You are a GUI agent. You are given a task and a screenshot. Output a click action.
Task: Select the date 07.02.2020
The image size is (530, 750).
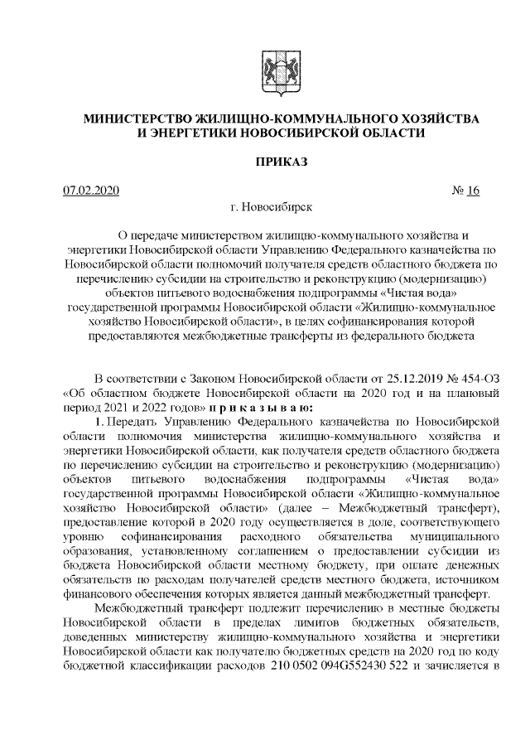pyautogui.click(x=92, y=191)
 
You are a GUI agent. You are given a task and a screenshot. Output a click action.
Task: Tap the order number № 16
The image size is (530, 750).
pyautogui.click(x=467, y=191)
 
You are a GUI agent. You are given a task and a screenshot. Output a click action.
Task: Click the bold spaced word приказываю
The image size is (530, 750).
pyautogui.click(x=261, y=408)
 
